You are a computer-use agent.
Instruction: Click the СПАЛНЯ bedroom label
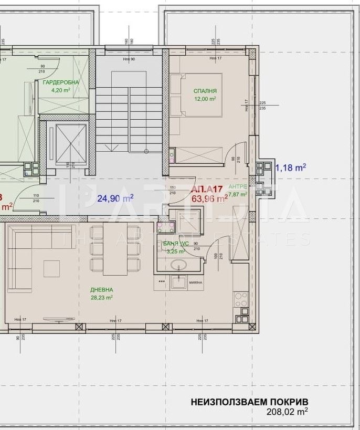point(205,91)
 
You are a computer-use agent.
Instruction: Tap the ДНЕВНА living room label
point(102,290)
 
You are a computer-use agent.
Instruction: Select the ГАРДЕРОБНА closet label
point(61,82)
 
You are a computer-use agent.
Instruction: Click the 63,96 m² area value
point(209,198)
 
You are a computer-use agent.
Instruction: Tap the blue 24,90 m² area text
point(115,198)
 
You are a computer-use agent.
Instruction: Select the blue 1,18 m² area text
point(291,168)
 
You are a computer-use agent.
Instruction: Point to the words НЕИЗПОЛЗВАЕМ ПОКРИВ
point(249,403)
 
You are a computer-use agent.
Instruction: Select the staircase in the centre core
point(128,118)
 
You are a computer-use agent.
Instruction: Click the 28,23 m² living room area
point(102,297)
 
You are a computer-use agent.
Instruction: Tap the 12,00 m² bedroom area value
point(205,99)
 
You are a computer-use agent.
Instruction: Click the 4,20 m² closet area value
point(61,90)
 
